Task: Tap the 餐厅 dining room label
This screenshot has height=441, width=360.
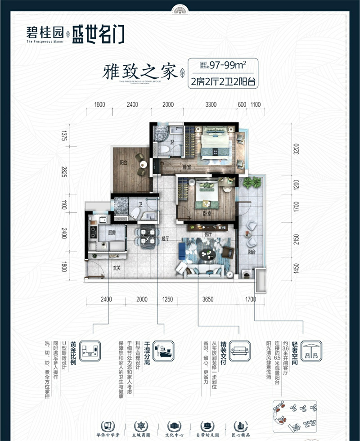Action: click(165, 239)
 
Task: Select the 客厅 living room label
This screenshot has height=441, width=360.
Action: click(208, 234)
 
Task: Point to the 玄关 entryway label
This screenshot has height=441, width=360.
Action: click(117, 268)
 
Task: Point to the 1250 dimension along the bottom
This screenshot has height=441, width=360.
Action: click(167, 299)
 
